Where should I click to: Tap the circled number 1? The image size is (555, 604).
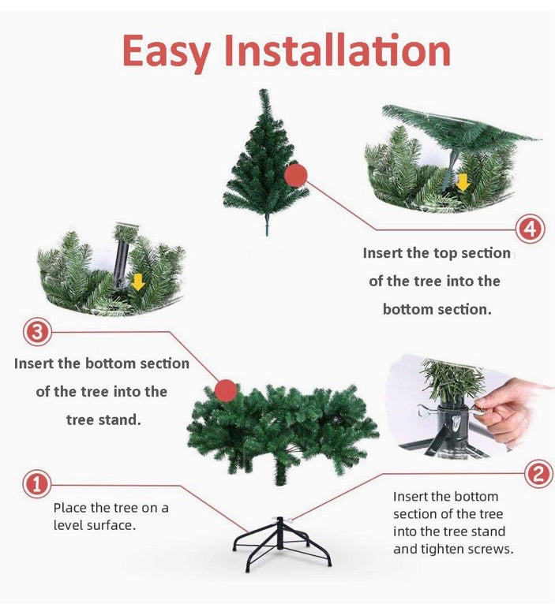tap(36, 484)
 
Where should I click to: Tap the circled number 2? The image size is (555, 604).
tap(538, 474)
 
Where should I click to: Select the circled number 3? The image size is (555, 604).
tap(37, 332)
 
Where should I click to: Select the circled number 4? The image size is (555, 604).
tap(530, 229)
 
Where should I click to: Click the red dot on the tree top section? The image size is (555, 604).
tap(295, 175)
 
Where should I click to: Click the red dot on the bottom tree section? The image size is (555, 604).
tap(226, 390)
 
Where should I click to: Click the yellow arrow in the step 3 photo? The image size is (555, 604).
tap(138, 281)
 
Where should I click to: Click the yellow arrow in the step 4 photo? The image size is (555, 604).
tap(463, 182)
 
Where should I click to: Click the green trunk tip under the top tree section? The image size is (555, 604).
tap(266, 228)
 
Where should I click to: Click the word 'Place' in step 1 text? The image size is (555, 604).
tap(70, 508)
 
